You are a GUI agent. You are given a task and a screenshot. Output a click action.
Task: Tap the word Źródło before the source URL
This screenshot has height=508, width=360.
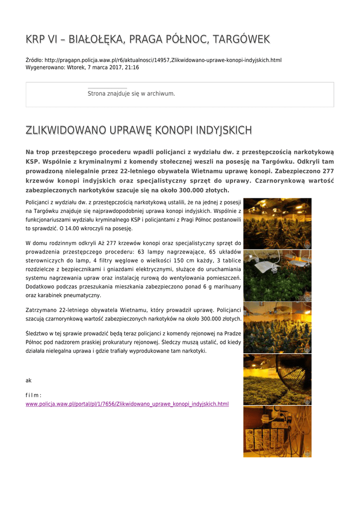pos(34,60)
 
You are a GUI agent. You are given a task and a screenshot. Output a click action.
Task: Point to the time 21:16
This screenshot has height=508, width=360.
pos(132,67)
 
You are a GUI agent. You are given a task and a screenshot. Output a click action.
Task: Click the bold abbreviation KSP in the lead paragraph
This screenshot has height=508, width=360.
pos(32,162)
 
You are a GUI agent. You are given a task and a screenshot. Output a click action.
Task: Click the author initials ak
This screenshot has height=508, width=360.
pos(28,381)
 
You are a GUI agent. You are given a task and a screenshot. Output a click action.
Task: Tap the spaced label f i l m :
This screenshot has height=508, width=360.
pos(33,395)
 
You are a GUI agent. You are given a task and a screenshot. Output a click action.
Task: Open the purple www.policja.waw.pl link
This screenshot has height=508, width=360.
pos(127,404)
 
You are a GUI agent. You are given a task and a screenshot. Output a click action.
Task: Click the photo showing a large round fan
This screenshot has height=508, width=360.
pos(277,380)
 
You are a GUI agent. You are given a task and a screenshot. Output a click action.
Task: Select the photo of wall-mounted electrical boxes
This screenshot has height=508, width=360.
pos(277,432)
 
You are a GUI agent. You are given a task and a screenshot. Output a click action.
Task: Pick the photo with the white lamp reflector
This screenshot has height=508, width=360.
pos(277,276)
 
